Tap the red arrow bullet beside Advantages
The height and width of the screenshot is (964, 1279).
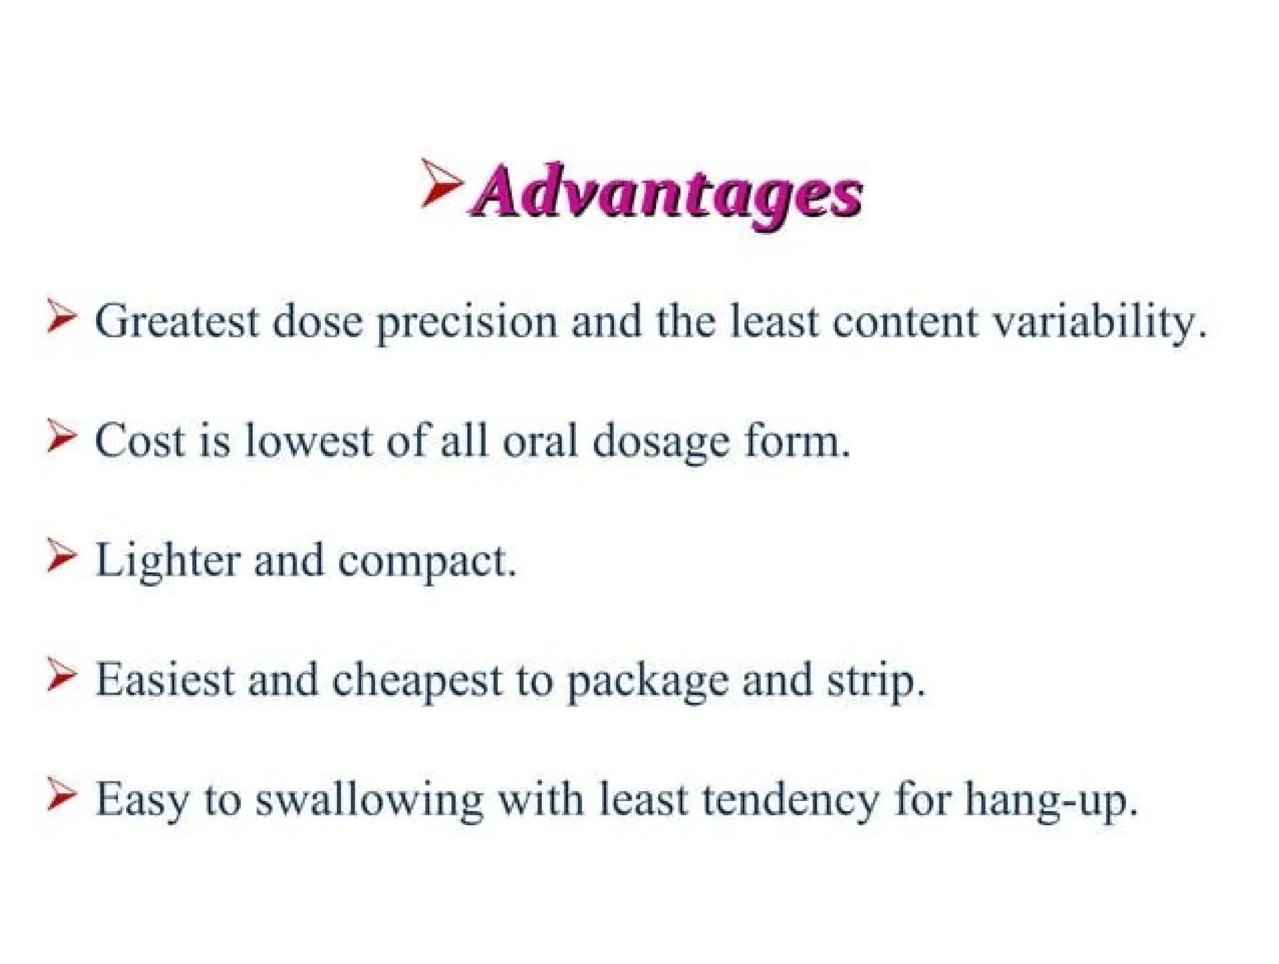click(440, 182)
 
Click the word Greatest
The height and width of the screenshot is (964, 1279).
click(177, 321)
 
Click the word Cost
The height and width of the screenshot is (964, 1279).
click(140, 441)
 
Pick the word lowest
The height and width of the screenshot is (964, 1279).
click(309, 441)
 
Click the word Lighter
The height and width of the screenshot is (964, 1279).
click(167, 561)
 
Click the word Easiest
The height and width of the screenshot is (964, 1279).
click(164, 680)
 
